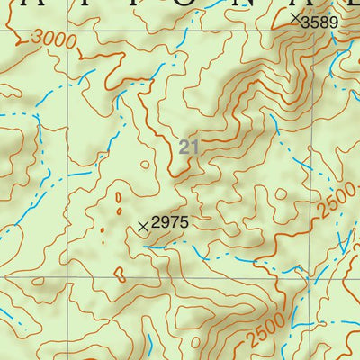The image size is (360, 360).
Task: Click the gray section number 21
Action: click(x=188, y=147)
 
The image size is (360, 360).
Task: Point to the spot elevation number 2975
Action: click(x=171, y=221)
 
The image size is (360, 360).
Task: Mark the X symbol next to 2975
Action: click(x=142, y=227)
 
